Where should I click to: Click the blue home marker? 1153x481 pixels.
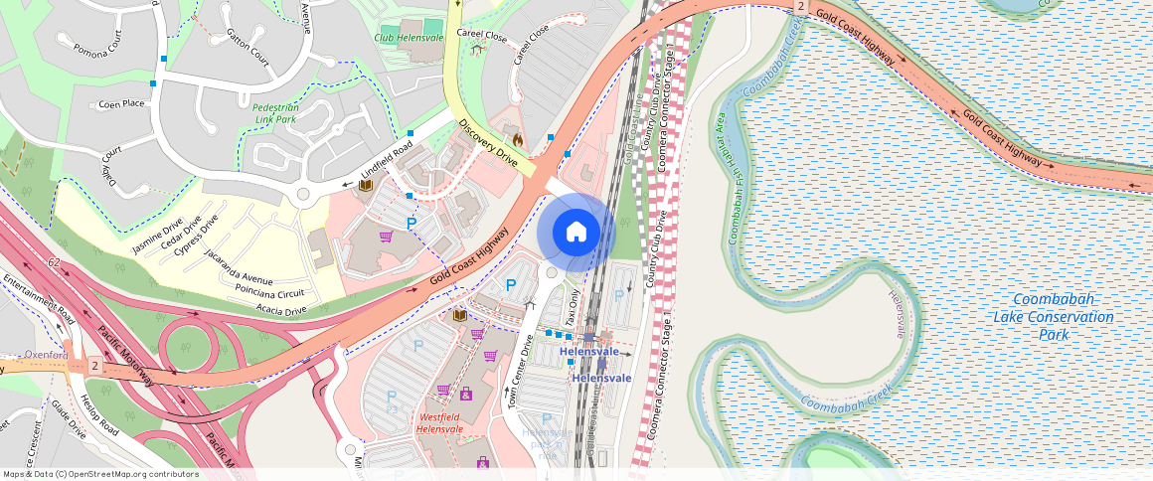click(576, 233)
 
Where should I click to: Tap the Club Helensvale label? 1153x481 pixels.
click(410, 37)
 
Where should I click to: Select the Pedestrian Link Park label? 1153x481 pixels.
click(274, 112)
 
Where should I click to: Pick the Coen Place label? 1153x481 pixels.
click(121, 103)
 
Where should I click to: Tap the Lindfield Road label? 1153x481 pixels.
click(386, 161)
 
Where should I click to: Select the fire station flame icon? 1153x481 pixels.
click(517, 140)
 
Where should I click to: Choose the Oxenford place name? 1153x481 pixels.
click(47, 355)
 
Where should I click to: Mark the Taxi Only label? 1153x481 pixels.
click(574, 307)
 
